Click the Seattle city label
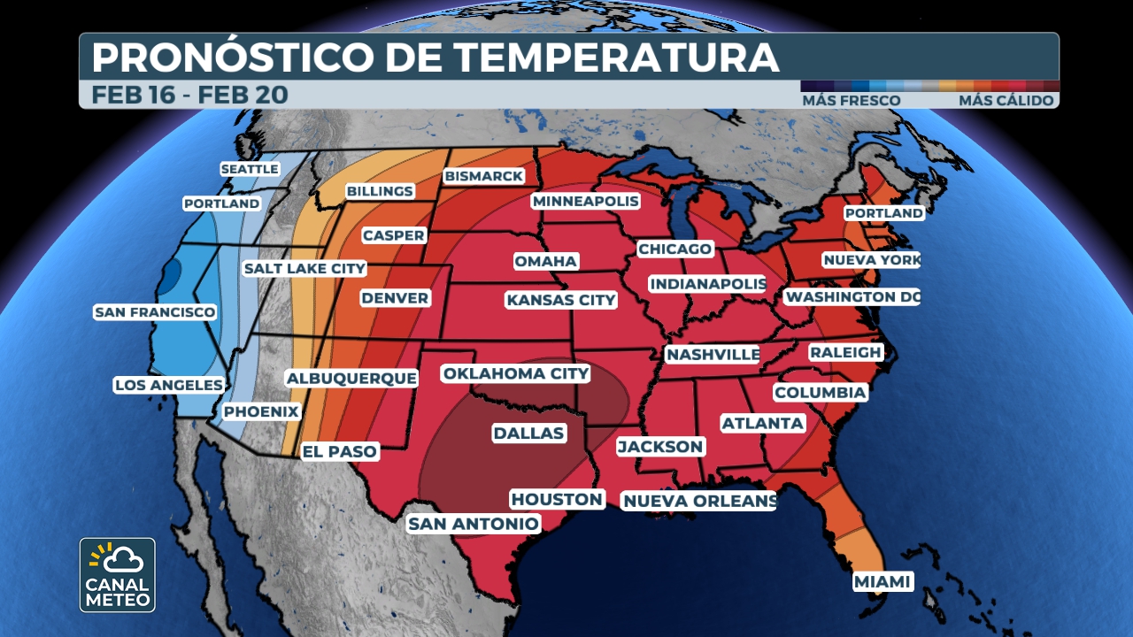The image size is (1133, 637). click(249, 169)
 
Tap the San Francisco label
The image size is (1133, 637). click(155, 312)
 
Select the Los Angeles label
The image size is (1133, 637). click(168, 385)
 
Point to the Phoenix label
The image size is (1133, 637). click(261, 411)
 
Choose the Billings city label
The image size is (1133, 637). click(380, 191)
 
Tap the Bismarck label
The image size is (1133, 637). click(484, 176)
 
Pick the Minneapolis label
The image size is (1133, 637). click(585, 202)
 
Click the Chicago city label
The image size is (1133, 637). click(674, 249)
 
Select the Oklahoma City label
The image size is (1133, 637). click(516, 373)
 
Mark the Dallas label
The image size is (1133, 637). click(528, 433)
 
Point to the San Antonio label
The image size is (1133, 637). click(473, 524)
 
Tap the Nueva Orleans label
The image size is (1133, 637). click(699, 501)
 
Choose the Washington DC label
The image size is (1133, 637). click(852, 296)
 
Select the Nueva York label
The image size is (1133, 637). click(871, 260)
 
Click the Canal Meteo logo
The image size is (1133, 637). click(117, 574)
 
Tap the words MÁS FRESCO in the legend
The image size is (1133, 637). click(851, 101)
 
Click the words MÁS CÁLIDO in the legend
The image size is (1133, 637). click(1006, 101)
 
